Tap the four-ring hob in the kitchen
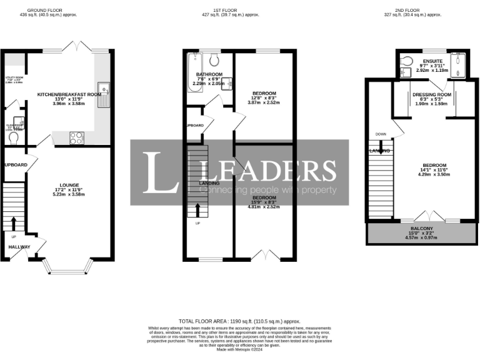tap(76, 137)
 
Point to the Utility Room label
tap(14, 79)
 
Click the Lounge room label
tap(69, 185)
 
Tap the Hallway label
tap(19, 247)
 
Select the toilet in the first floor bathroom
tap(214, 60)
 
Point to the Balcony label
tap(420, 229)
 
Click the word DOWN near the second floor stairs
tap(381, 134)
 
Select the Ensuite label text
tap(432, 61)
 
